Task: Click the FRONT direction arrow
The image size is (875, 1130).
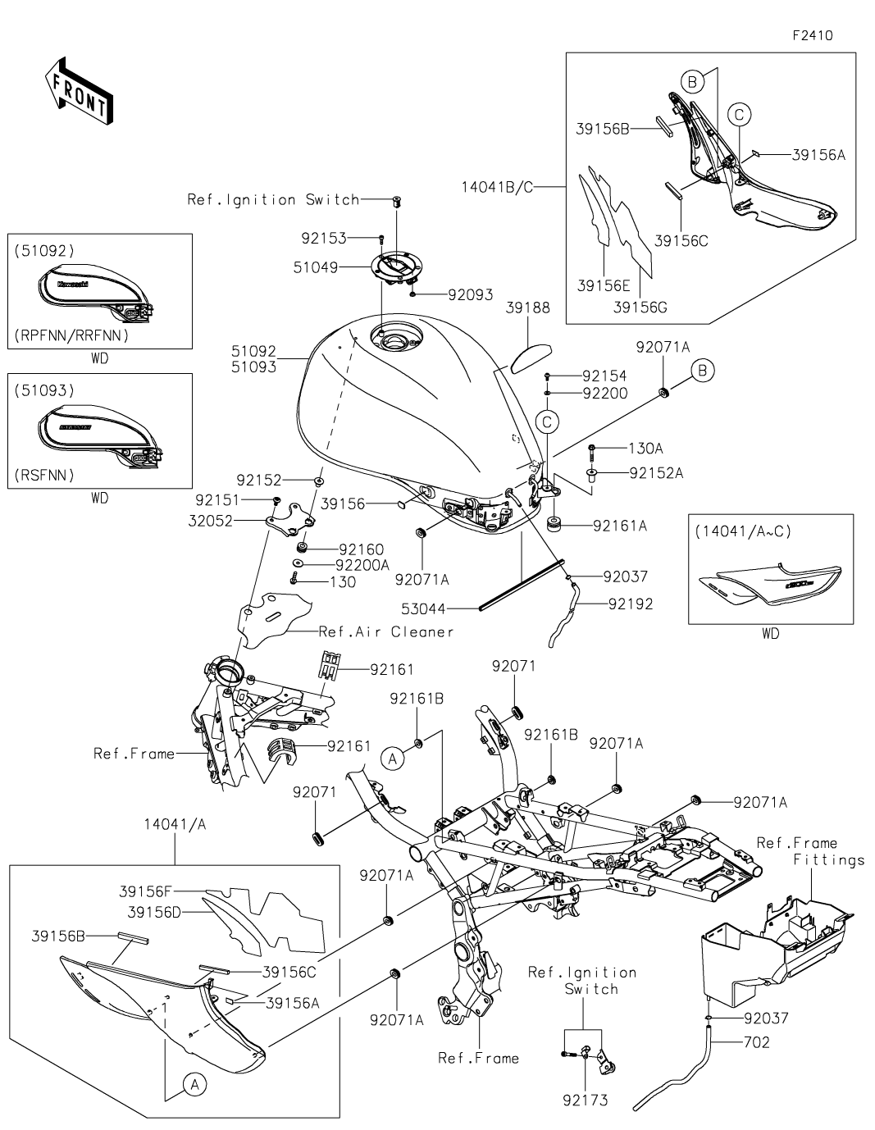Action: click(x=79, y=90)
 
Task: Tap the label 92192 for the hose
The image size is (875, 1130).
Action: click(x=630, y=604)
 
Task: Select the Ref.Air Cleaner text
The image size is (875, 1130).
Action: click(x=385, y=631)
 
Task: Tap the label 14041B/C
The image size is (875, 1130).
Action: click(x=498, y=187)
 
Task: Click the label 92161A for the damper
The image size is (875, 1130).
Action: click(x=619, y=526)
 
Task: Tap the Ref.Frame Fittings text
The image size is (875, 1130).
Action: click(x=809, y=851)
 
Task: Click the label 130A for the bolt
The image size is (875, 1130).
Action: click(x=645, y=449)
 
